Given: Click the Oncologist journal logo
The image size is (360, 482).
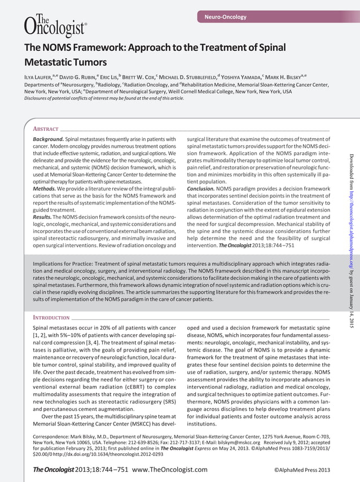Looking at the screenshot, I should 55,24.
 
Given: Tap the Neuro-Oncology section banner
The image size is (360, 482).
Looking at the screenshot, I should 225,17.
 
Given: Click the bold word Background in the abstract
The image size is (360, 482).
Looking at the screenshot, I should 47,139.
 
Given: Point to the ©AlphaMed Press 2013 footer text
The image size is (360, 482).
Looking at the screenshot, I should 301,470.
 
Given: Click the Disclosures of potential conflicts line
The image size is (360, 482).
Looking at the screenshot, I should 104,98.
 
